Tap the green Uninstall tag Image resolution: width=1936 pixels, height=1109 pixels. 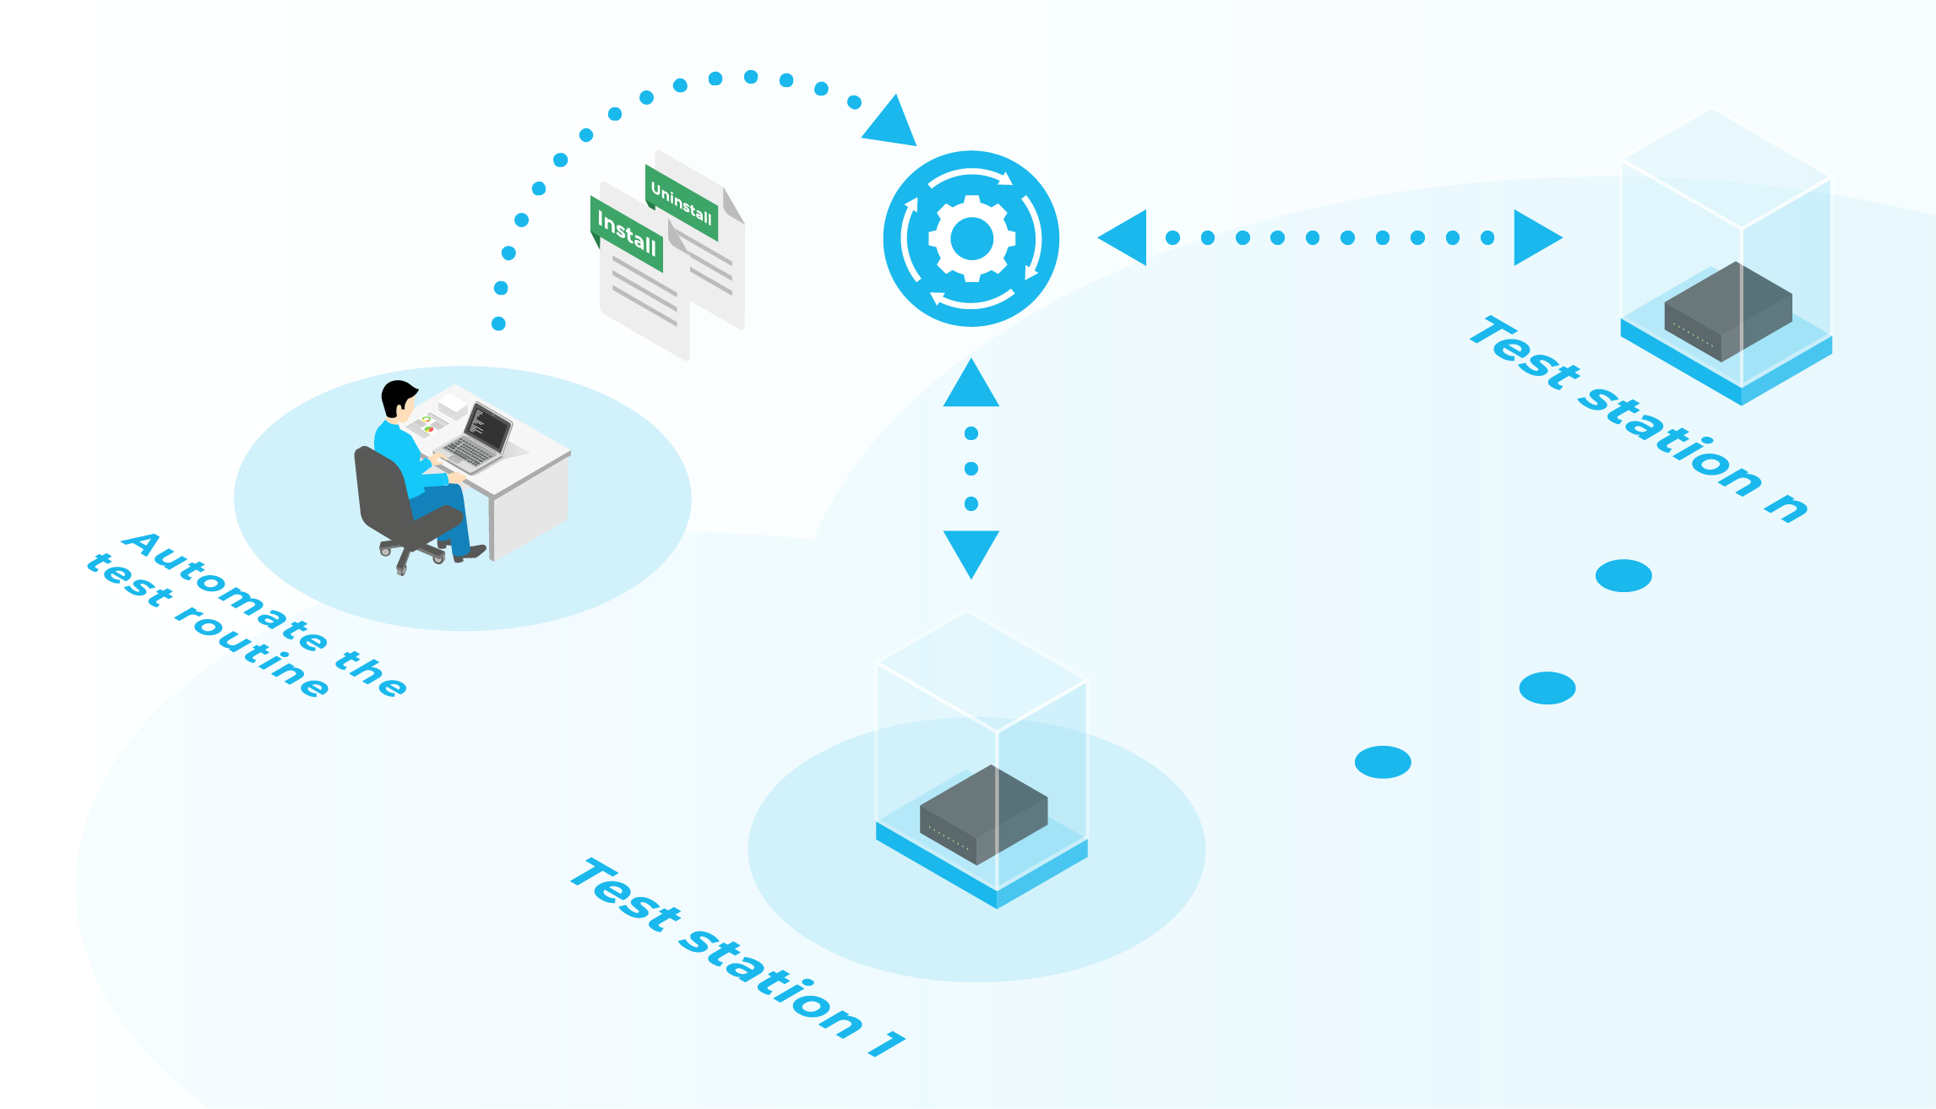click(682, 203)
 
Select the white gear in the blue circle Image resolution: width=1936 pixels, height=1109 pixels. click(971, 239)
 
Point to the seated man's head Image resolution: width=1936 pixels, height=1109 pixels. click(398, 398)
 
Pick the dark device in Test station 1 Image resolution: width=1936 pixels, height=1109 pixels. click(983, 813)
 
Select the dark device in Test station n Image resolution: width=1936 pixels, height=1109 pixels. click(1728, 311)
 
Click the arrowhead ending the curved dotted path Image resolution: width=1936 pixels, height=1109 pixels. click(890, 122)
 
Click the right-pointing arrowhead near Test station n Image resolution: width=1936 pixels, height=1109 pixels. click(1536, 238)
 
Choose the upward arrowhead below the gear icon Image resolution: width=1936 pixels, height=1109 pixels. click(971, 385)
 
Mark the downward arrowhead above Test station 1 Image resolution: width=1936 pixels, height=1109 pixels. click(971, 552)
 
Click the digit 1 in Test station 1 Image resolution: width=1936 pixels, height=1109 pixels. click(887, 1043)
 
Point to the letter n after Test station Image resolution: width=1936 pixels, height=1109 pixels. click(1786, 506)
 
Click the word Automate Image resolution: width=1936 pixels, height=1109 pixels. click(224, 592)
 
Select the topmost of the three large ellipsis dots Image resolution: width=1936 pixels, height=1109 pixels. click(1623, 575)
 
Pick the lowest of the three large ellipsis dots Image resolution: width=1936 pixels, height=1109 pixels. click(1383, 762)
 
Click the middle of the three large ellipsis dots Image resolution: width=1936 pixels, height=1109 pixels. click(1547, 688)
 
